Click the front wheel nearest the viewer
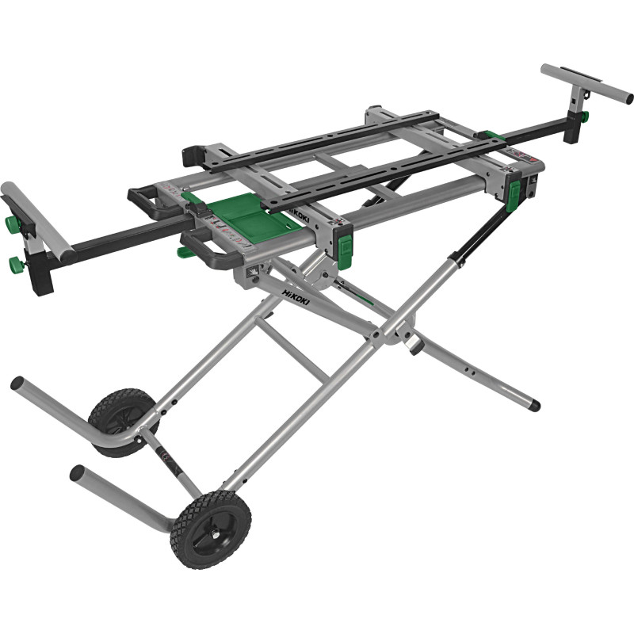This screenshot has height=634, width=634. pyautogui.click(x=210, y=529)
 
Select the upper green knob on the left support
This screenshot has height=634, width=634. pyautogui.click(x=12, y=224)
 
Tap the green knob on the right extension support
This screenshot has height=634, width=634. pyautogui.click(x=583, y=117)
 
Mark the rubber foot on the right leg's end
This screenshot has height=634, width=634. pyautogui.click(x=534, y=405)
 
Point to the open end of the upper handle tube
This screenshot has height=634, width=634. pyautogui.click(x=17, y=384)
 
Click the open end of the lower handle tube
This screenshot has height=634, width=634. pyautogui.click(x=77, y=473)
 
